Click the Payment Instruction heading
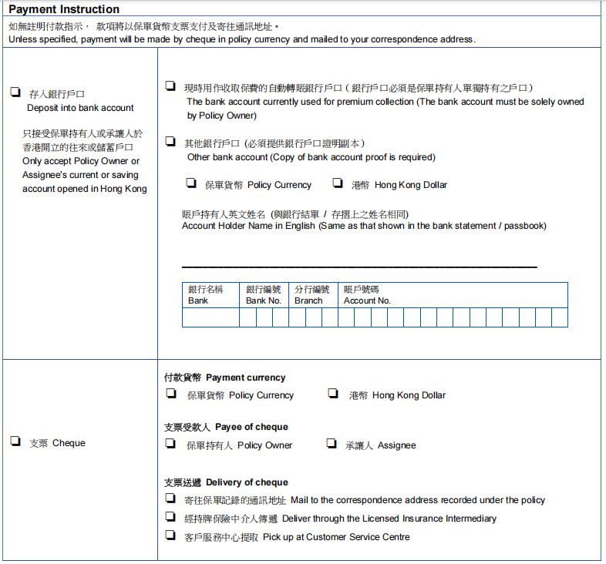[64, 10]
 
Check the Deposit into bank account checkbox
[15, 92]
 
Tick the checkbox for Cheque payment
[15, 441]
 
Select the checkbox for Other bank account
[170, 142]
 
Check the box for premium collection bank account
[170, 87]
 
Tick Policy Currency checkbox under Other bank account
[190, 183]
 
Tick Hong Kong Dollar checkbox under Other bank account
[337, 183]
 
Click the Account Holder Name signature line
[359, 266]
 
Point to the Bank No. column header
[264, 295]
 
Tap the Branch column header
[311, 295]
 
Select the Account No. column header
[367, 295]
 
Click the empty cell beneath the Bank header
[210, 317]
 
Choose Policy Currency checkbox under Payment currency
[170, 394]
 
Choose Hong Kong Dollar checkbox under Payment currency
[333, 394]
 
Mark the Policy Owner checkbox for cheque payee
[170, 444]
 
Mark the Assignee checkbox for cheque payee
[331, 444]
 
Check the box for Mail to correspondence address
[170, 499]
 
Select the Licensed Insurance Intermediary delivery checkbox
[170, 518]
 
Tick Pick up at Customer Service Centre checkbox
[170, 536]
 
